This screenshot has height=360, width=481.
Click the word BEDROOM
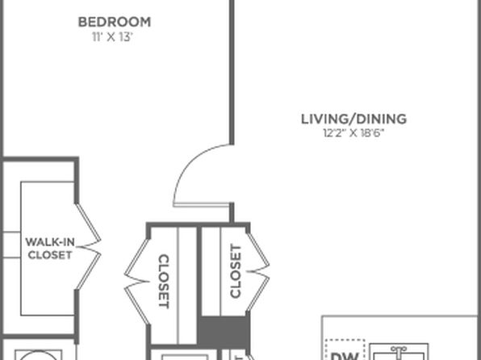click(115, 22)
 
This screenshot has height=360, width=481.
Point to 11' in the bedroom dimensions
click(98, 37)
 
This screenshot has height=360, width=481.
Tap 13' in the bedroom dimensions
click(126, 37)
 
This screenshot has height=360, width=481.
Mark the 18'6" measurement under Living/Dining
click(372, 133)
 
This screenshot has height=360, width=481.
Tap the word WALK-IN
click(50, 242)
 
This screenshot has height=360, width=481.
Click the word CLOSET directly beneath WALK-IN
click(50, 255)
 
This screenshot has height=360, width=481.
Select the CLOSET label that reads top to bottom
click(164, 281)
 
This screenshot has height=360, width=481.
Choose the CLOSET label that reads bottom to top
click(236, 271)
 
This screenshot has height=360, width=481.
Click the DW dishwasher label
click(345, 356)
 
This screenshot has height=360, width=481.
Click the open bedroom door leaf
click(202, 205)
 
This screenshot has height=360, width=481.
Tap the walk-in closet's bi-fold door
click(89, 246)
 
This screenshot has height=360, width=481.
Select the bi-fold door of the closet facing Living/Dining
click(257, 271)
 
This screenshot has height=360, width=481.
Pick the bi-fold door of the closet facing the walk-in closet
click(137, 282)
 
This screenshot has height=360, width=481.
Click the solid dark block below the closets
click(224, 331)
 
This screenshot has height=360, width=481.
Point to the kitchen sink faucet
click(399, 349)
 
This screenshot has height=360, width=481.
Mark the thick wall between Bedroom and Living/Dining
click(232, 72)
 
